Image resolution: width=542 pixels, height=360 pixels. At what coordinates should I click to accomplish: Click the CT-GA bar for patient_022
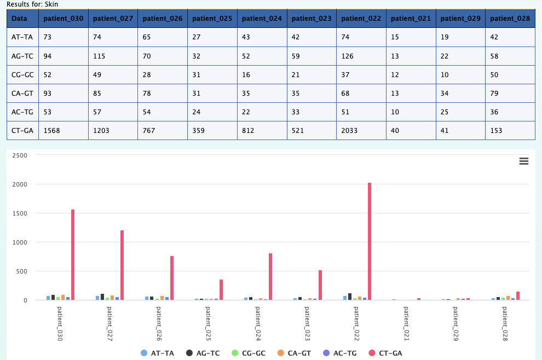pyautogui.click(x=370, y=241)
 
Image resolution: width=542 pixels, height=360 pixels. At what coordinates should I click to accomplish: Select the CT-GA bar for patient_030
pyautogui.click(x=73, y=254)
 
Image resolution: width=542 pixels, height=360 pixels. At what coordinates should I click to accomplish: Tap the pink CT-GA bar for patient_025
pyautogui.click(x=221, y=289)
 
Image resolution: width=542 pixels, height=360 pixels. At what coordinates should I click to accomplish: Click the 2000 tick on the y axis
pyautogui.click(x=20, y=184)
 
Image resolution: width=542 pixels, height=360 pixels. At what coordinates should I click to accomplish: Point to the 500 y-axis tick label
pyautogui.click(x=22, y=271)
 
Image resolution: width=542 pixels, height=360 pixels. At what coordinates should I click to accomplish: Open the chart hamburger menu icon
pyautogui.click(x=523, y=161)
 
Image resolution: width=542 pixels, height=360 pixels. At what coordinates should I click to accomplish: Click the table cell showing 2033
pyautogui.click(x=349, y=131)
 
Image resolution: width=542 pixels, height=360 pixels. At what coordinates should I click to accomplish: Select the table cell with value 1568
pyautogui.click(x=52, y=131)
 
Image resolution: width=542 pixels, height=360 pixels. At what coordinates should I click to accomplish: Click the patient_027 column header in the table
pyautogui.click(x=113, y=18)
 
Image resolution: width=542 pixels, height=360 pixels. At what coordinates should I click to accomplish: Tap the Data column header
pyautogui.click(x=19, y=18)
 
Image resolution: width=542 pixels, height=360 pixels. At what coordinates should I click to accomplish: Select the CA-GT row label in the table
pyautogui.click(x=22, y=94)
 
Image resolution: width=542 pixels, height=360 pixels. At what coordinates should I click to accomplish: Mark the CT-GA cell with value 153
pyautogui.click(x=496, y=131)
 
